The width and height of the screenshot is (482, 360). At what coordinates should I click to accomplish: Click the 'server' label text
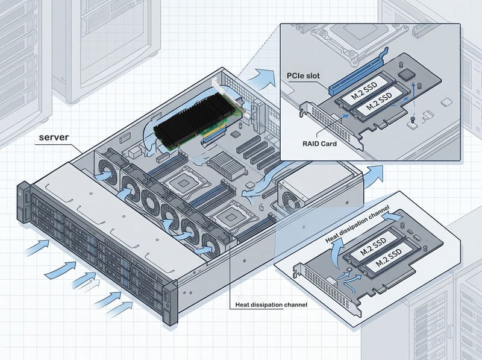point(54,137)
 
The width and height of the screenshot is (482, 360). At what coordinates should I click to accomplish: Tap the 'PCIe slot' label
point(303,76)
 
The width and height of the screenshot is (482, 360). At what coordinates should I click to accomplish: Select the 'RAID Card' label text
point(319,144)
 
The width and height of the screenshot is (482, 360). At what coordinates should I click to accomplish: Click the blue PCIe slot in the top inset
point(358,72)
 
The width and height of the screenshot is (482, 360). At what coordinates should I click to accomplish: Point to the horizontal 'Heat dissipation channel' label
point(271,305)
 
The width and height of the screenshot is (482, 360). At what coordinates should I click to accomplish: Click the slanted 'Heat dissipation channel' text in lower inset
point(357,224)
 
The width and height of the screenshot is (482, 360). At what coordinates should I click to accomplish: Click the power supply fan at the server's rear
point(290,201)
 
